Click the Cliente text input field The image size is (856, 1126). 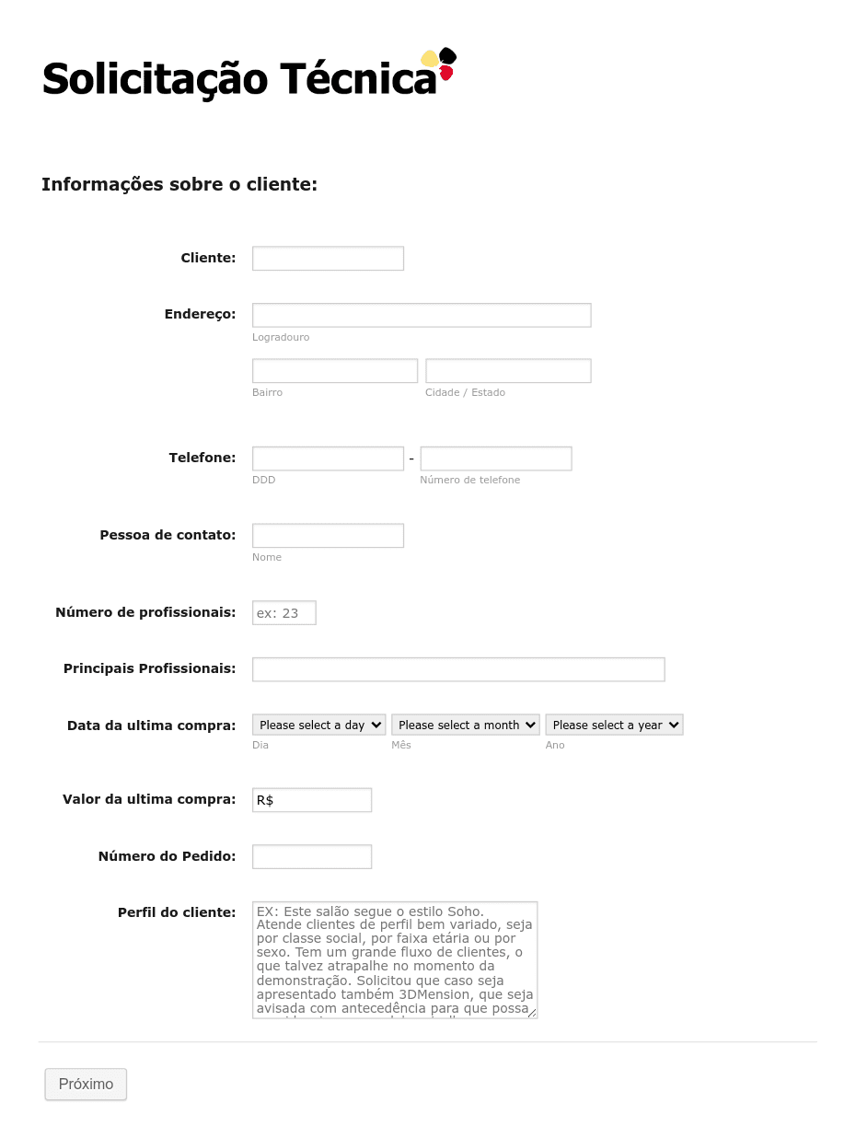tap(328, 259)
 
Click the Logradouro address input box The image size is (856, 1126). tap(421, 315)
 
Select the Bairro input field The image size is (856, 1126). tap(334, 371)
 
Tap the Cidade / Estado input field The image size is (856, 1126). tap(507, 371)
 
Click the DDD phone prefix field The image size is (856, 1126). tap(328, 459)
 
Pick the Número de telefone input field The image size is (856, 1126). tap(495, 459)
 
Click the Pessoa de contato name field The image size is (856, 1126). tap(328, 536)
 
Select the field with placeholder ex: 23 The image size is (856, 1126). tap(283, 613)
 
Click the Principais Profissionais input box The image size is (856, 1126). tap(457, 669)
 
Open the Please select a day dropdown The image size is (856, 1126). tap(318, 726)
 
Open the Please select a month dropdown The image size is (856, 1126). tap(465, 726)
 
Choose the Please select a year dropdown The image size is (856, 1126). tap(613, 726)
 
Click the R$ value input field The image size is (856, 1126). tap(311, 800)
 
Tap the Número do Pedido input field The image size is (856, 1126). tap(311, 857)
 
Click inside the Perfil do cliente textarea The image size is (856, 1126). tap(394, 959)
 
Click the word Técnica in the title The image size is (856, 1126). tap(358, 79)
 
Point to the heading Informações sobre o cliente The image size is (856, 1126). tap(179, 185)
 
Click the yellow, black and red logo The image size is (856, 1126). tap(439, 64)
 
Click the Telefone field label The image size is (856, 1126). tap(202, 458)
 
